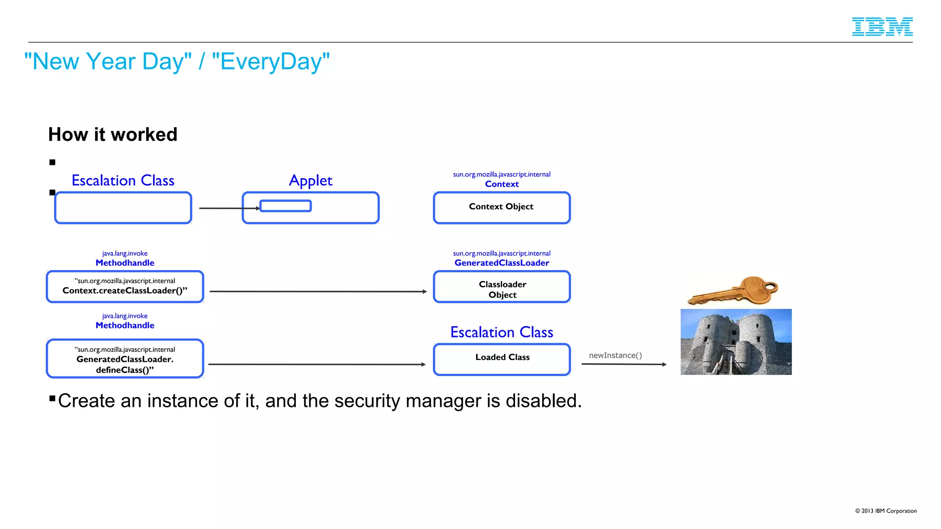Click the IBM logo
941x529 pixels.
[882, 27]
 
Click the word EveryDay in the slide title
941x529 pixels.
[271, 62]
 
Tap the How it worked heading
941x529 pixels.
[113, 135]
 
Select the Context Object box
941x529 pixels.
[501, 208]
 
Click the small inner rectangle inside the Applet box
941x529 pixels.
[285, 206]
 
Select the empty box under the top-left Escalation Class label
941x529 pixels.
[123, 208]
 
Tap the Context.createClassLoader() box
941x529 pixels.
[125, 287]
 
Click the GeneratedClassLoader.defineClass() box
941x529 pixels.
[125, 359]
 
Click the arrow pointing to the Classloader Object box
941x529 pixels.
[317, 291]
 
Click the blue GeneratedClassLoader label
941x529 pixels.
[501, 263]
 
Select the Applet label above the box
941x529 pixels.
[311, 180]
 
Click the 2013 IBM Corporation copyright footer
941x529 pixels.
[885, 511]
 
